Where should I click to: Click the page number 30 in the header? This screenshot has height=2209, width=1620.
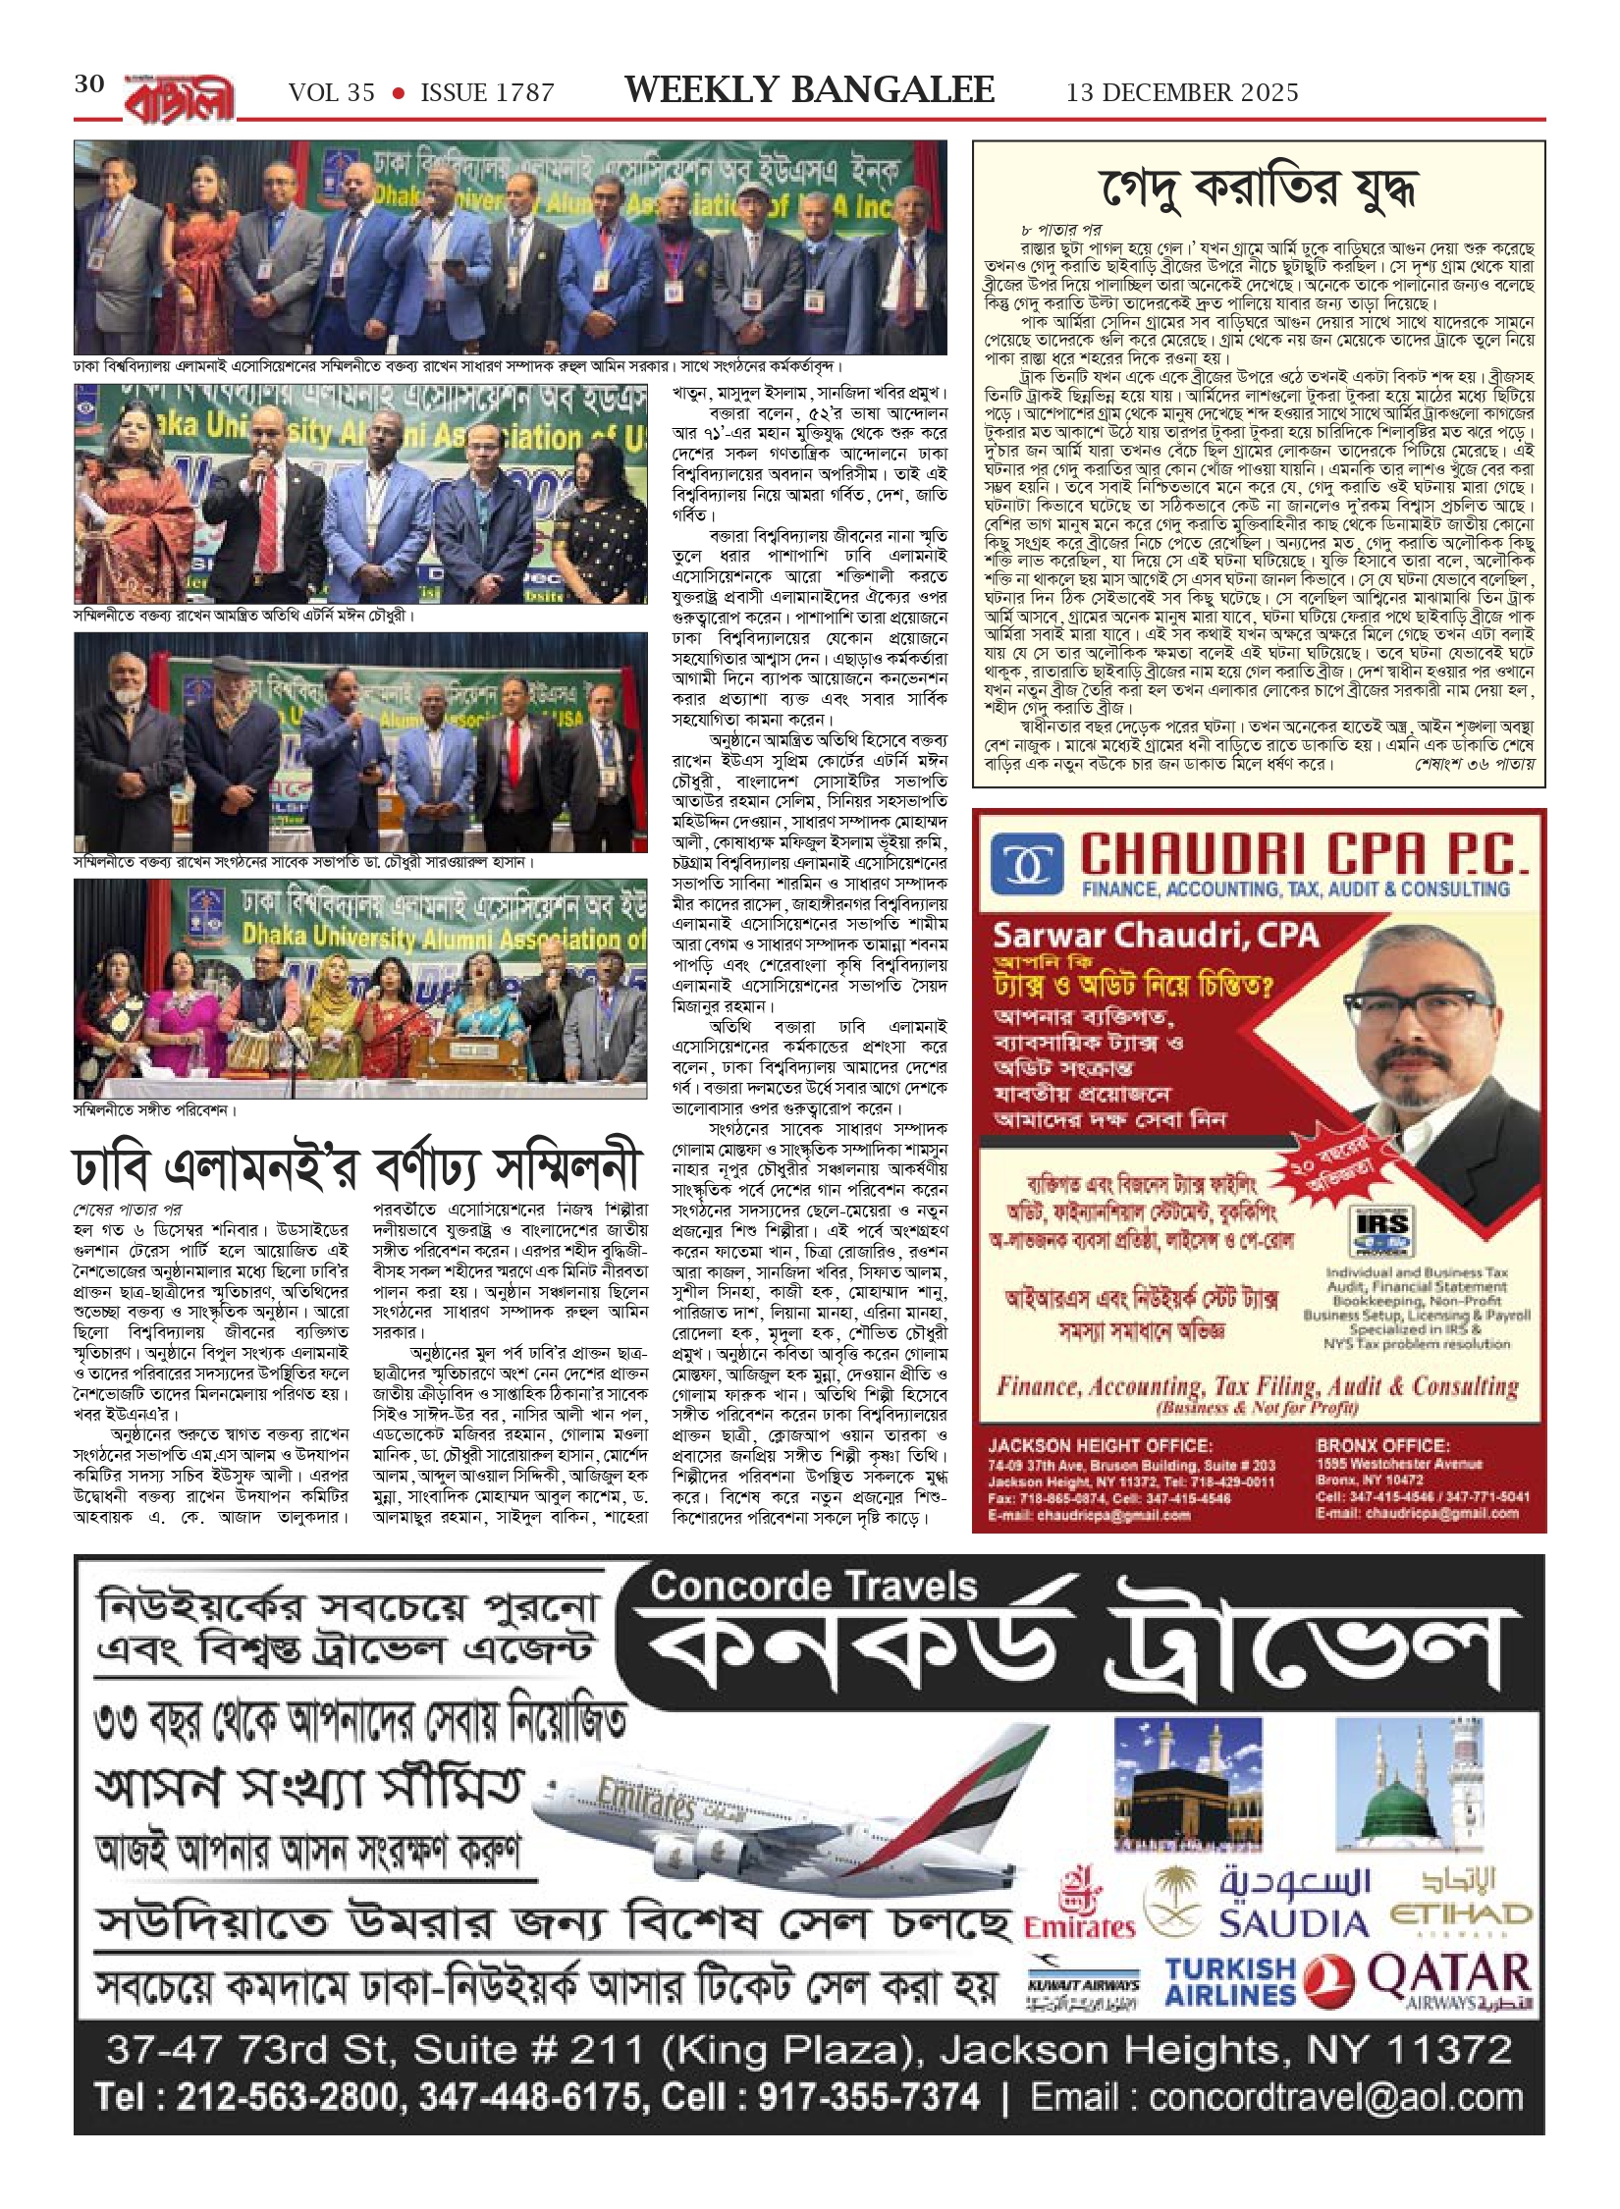click(89, 84)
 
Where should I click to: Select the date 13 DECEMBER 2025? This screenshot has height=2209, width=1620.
click(1182, 93)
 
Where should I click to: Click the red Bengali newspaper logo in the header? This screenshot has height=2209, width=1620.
click(180, 99)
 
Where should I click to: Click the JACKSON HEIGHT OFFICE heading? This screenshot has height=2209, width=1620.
click(1100, 1446)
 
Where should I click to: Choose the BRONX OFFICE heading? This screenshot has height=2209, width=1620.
click(1382, 1446)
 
